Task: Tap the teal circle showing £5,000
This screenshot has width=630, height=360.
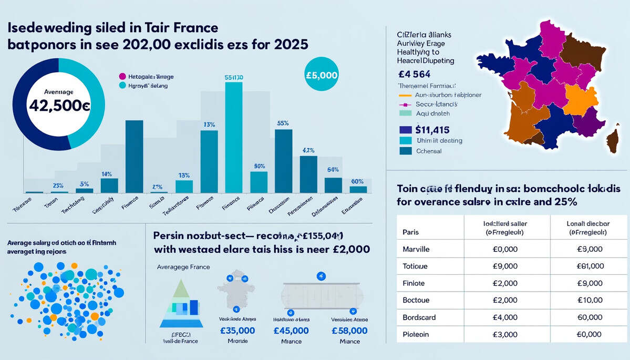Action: tap(321, 75)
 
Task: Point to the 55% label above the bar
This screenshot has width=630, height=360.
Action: tap(283, 123)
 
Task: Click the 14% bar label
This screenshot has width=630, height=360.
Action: tap(107, 173)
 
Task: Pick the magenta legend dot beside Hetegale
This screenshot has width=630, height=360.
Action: tap(123, 77)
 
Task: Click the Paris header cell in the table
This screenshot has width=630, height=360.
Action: tap(411, 232)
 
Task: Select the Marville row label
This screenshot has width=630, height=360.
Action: tap(415, 249)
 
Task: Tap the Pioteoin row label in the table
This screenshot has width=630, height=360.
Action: tap(415, 334)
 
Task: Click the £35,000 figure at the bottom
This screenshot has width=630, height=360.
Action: tap(237, 331)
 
